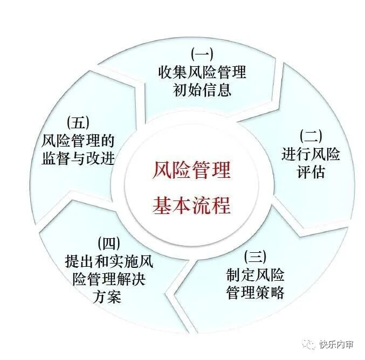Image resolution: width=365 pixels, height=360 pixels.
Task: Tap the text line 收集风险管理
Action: (x=202, y=71)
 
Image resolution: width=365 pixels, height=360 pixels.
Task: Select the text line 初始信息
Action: (x=202, y=89)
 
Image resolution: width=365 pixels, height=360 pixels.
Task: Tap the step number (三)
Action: (x=256, y=256)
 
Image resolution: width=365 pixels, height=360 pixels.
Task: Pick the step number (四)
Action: (x=109, y=244)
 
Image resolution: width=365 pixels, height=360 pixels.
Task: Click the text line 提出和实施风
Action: (x=109, y=262)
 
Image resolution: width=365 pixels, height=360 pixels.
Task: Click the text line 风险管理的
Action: (x=78, y=141)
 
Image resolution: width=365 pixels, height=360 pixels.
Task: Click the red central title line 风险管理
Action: (x=191, y=172)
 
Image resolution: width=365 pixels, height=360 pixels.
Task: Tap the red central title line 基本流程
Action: (x=191, y=205)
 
